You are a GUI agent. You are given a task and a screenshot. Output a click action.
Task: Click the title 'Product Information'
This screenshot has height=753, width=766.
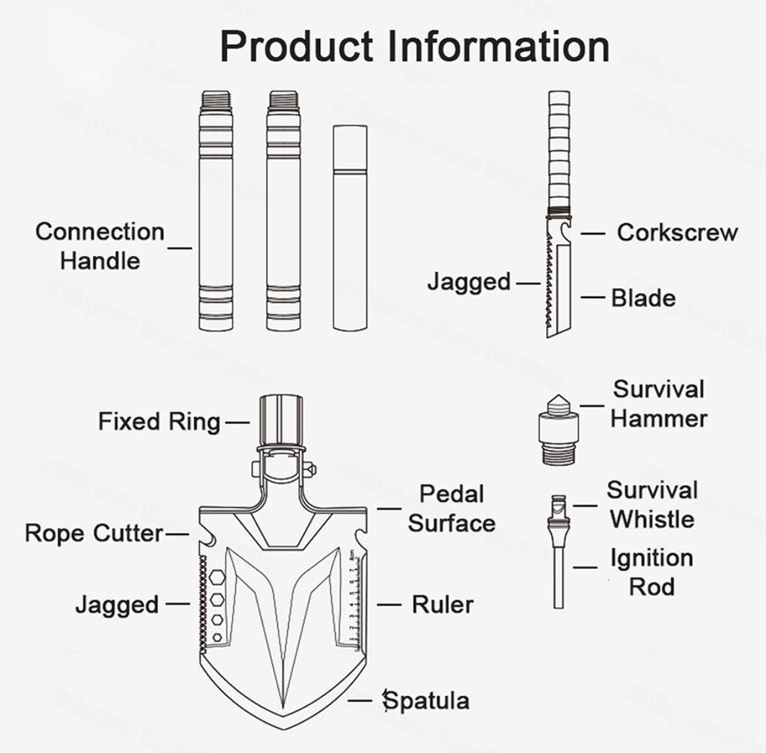[x=414, y=46]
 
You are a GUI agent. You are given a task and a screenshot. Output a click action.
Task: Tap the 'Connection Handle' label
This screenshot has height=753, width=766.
[x=100, y=246]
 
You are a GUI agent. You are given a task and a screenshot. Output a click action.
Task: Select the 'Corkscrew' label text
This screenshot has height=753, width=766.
[x=677, y=232]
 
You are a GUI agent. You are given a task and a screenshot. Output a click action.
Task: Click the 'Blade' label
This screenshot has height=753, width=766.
[x=643, y=298]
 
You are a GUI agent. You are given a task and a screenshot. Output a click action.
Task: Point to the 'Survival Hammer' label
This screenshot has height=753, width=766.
[x=659, y=404]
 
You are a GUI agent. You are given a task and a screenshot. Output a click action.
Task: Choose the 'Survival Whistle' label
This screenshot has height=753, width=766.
[x=652, y=505]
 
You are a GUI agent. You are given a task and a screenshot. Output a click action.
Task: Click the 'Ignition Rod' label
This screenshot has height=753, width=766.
[x=651, y=572]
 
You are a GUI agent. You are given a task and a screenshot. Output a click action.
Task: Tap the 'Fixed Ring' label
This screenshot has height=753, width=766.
[x=159, y=421]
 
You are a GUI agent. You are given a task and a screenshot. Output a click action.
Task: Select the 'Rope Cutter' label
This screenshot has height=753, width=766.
[x=94, y=533]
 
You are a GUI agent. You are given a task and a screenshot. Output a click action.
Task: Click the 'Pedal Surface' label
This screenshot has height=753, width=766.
[x=452, y=509]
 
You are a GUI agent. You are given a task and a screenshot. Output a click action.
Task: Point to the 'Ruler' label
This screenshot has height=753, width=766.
[x=442, y=604]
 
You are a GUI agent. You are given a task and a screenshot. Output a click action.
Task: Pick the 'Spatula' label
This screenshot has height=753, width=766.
[x=426, y=701]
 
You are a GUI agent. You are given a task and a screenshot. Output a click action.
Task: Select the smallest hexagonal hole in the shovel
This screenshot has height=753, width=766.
[x=217, y=637]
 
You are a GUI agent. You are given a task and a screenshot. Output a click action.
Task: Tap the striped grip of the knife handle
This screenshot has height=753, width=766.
[x=560, y=151]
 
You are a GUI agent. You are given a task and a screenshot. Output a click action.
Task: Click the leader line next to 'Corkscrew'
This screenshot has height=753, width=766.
[x=593, y=233]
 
